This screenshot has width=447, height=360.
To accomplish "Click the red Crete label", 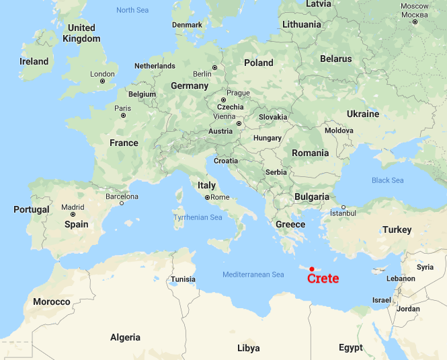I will coord(323,279).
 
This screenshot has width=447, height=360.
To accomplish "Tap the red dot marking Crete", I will coord(312,269).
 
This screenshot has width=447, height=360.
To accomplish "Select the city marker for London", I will coord(103,81).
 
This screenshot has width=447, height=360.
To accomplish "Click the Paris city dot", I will coord(123,116).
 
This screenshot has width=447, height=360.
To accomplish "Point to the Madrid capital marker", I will coord(73,215).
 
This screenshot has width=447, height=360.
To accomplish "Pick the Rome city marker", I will coord(207,198).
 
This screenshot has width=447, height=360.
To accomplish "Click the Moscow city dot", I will coord(415,22).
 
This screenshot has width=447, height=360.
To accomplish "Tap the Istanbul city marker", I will coord(343,207).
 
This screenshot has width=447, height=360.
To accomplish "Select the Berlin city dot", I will coord(215,67).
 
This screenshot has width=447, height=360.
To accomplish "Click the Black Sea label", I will coord(388,180).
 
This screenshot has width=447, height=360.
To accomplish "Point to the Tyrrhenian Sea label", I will coord(198,217).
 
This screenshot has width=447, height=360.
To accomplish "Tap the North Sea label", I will coord(132,10).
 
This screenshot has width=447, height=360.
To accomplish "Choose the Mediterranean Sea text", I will coord(253,275).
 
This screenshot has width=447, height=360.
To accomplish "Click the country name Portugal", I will coord(32,209).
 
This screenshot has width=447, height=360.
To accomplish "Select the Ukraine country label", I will coord(363,114).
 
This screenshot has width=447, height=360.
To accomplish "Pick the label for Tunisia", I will coord(183,279).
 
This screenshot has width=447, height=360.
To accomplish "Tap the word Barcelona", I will coord(122,196).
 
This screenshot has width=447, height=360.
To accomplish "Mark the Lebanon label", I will coord(401,279).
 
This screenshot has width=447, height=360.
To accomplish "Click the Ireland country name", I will coord(34,61).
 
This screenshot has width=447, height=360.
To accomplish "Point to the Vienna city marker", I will coord(239,124).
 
